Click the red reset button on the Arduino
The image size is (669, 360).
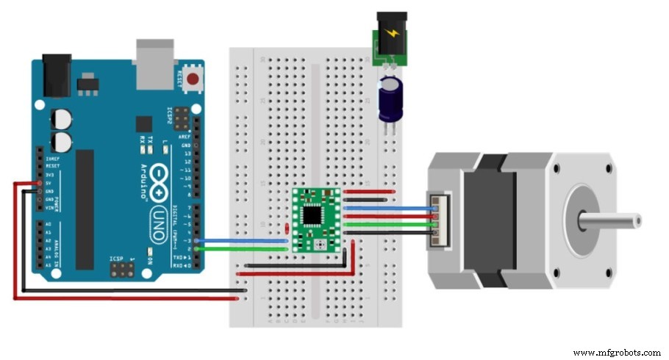pos(194,79)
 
